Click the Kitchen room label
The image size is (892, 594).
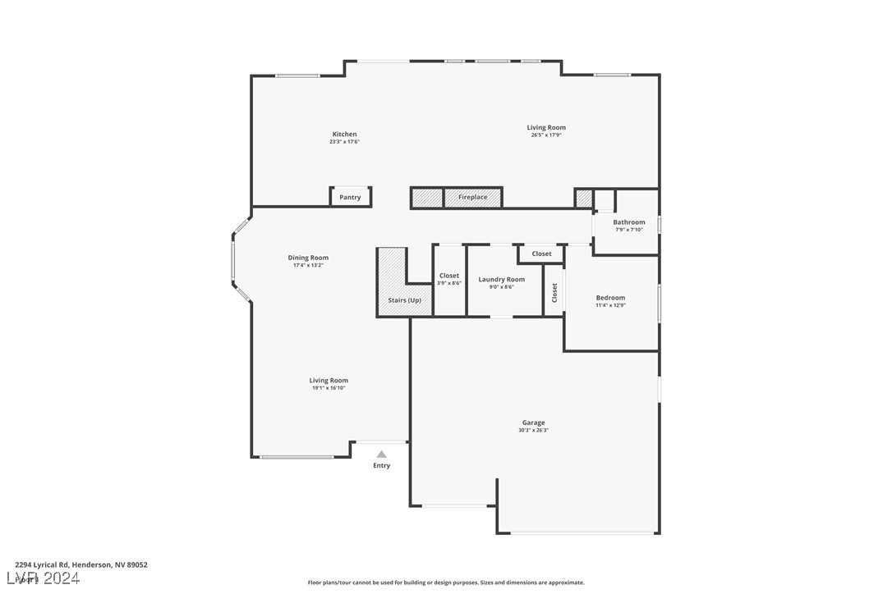click(x=344, y=135)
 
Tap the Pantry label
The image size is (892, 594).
click(x=350, y=197)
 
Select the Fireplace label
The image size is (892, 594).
click(x=472, y=197)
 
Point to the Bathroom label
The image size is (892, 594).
click(x=628, y=222)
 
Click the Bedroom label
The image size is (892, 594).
click(x=610, y=298)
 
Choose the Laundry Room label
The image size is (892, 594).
click(x=501, y=279)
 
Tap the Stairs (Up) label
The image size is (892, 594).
click(x=404, y=300)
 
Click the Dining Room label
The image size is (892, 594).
click(x=308, y=258)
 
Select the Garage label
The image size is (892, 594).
click(x=533, y=423)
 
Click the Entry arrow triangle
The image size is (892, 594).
click(x=381, y=454)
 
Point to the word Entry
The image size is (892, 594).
click(x=381, y=465)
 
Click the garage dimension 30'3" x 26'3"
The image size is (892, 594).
click(x=533, y=430)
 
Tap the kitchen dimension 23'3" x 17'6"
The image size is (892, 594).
click(x=344, y=142)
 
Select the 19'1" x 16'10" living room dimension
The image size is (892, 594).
click(x=329, y=388)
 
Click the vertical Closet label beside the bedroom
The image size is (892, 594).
click(x=554, y=292)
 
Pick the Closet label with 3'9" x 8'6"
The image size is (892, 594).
click(x=449, y=276)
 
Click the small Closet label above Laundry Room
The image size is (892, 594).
click(x=541, y=254)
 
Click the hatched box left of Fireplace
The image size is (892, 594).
click(x=427, y=198)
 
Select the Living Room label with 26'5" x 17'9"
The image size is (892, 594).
click(x=546, y=127)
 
